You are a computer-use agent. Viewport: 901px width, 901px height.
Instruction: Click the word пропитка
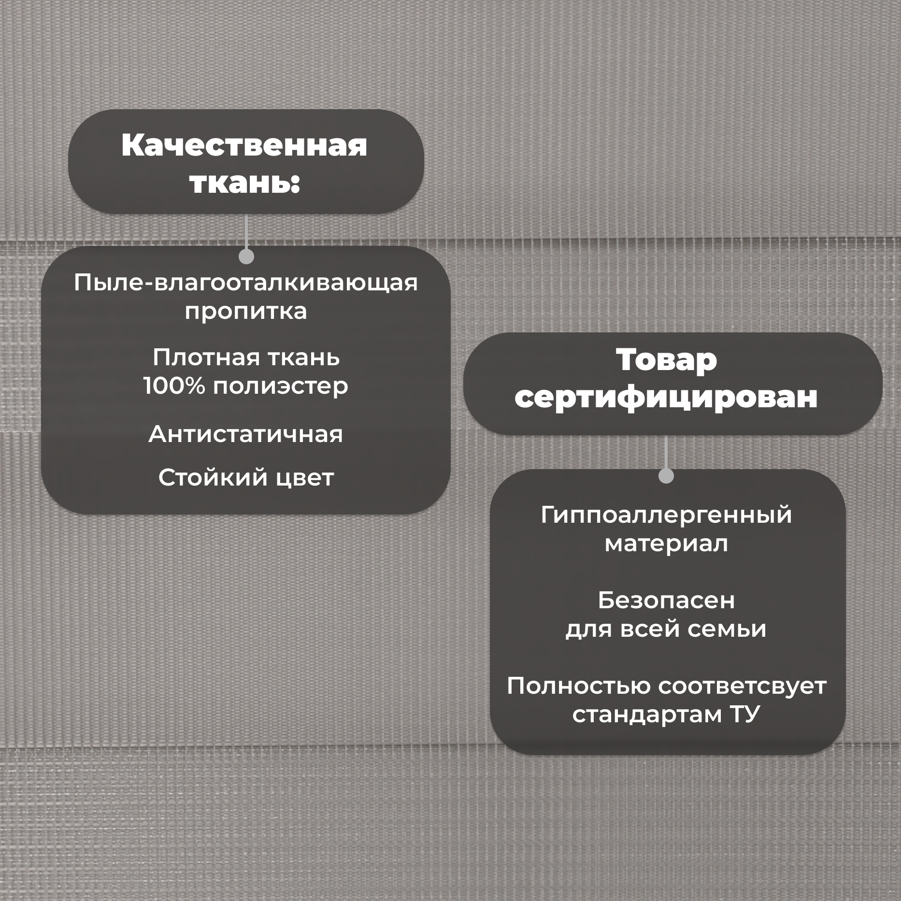pyautogui.click(x=245, y=312)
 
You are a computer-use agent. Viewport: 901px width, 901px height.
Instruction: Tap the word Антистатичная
pyautogui.click(x=245, y=434)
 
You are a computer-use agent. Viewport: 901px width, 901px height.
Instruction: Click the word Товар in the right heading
pyautogui.click(x=666, y=360)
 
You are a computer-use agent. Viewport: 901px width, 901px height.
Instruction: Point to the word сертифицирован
pyautogui.click(x=666, y=398)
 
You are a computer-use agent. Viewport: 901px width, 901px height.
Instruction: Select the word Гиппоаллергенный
pyautogui.click(x=666, y=515)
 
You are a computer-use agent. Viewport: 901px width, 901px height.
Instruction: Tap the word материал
pyautogui.click(x=666, y=543)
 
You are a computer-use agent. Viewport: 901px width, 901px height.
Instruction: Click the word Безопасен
pyautogui.click(x=666, y=601)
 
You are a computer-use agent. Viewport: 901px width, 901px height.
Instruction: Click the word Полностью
pyautogui.click(x=578, y=686)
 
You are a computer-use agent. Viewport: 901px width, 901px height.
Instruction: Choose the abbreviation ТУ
pyautogui.click(x=745, y=715)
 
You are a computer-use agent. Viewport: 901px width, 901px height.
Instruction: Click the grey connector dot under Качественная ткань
pyautogui.click(x=246, y=257)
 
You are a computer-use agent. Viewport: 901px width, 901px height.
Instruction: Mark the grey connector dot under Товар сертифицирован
pyautogui.click(x=666, y=476)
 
